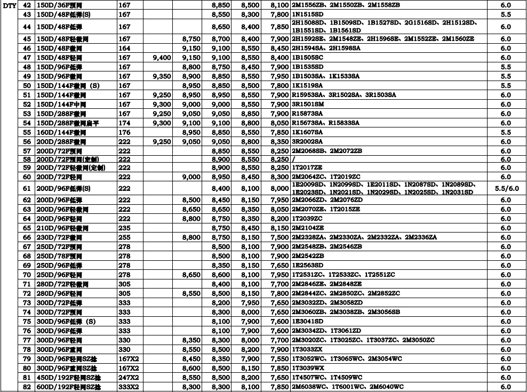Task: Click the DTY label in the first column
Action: (9, 5)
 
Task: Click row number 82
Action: (27, 387)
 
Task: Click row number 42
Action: (27, 5)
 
